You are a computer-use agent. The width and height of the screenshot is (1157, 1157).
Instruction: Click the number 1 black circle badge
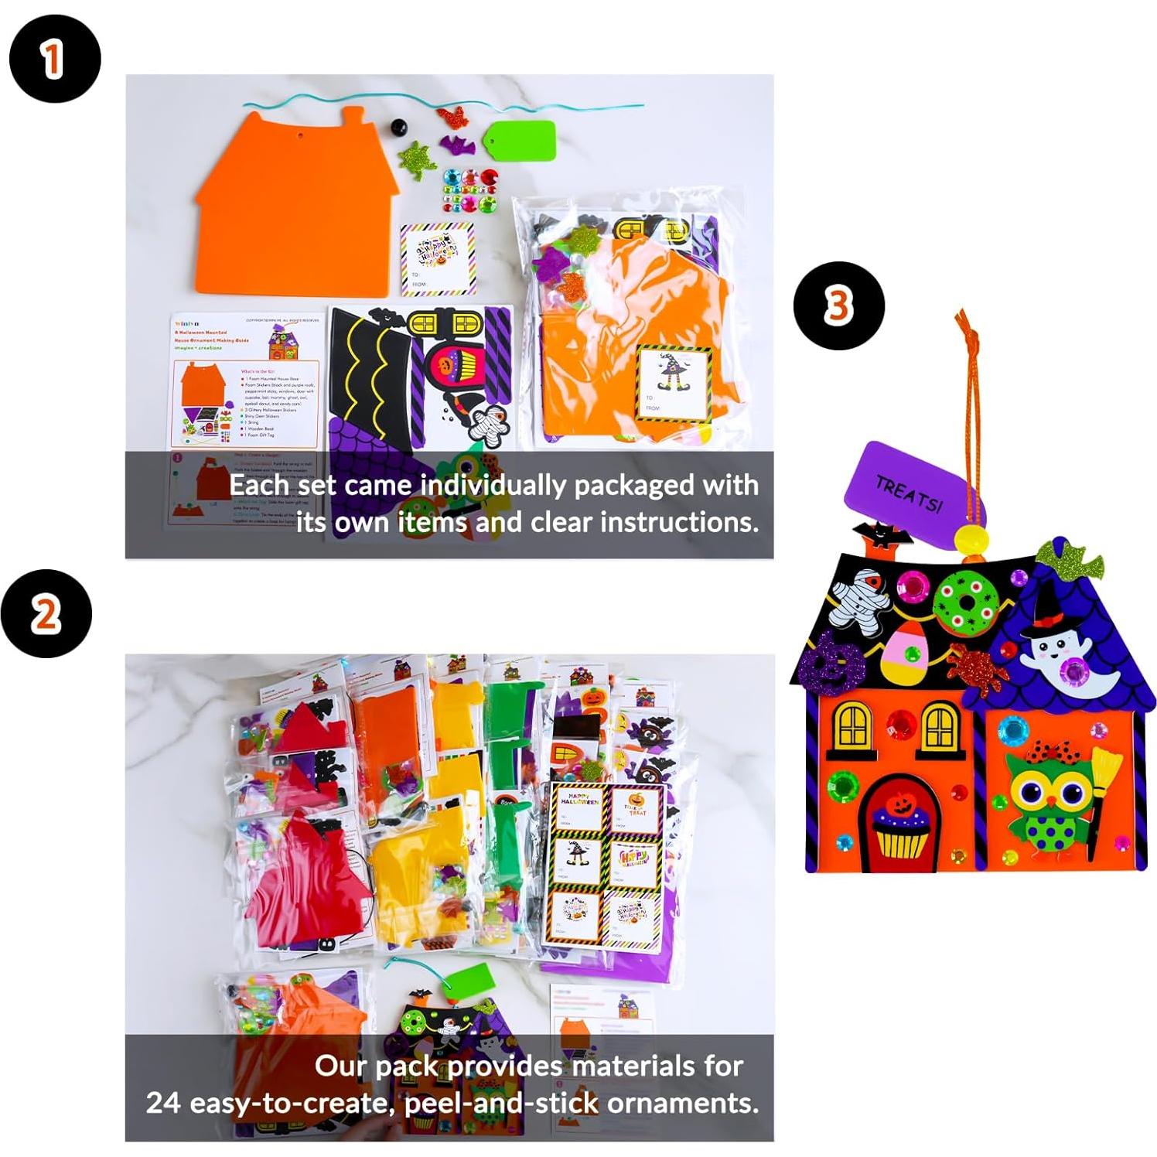click(x=54, y=59)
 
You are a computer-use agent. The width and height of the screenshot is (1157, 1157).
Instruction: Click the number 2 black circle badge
click(x=46, y=614)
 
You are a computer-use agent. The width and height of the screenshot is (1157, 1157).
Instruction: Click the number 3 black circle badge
click(x=838, y=306)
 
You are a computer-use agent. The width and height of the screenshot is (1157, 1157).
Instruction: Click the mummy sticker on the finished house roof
click(x=858, y=597)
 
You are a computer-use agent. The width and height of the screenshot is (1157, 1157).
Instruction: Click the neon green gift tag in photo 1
click(x=520, y=140)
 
